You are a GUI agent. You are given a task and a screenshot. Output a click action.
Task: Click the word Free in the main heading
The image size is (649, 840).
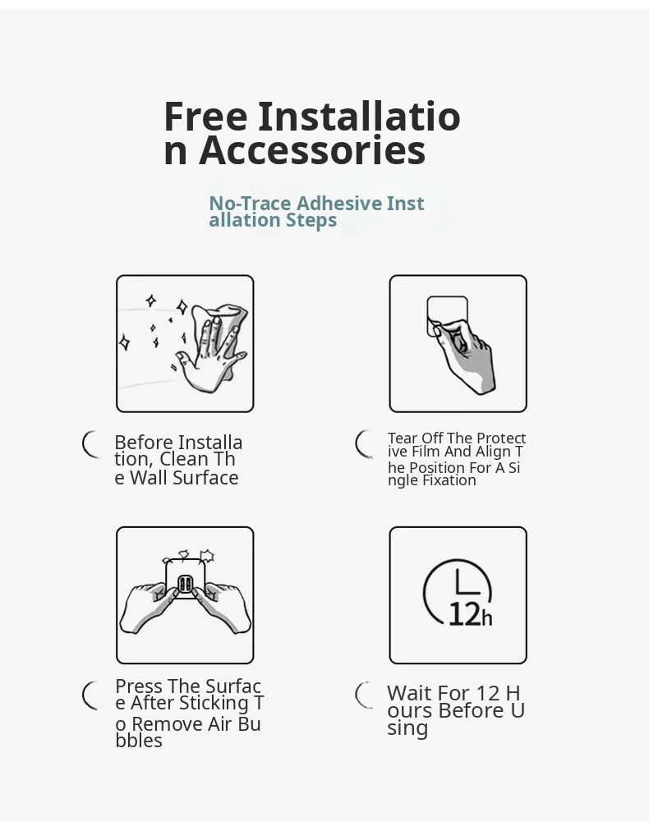click(x=206, y=117)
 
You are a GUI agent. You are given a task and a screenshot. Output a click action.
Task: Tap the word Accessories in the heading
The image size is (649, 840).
click(x=312, y=150)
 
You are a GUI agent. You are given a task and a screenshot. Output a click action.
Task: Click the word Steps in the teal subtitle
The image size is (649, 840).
click(x=311, y=220)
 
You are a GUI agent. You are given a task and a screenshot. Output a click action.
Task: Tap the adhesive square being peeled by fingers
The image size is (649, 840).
click(x=447, y=316)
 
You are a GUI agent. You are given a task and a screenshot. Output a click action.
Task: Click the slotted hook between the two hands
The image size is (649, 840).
click(x=185, y=583)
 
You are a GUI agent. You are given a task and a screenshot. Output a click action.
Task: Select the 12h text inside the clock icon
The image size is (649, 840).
click(x=470, y=614)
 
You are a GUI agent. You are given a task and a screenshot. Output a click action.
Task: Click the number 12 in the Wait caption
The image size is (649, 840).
click(x=487, y=693)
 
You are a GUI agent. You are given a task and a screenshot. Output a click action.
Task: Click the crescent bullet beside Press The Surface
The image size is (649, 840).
click(x=87, y=695)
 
